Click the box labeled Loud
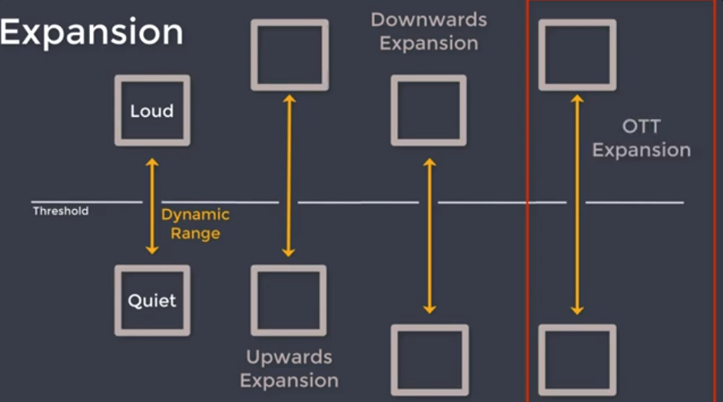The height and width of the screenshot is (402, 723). coord(152,111)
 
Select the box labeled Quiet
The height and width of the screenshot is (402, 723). coord(152,301)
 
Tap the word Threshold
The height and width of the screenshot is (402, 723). coord(61,211)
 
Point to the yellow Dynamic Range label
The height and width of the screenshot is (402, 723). coord(195,224)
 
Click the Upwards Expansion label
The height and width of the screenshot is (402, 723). coord(290,368)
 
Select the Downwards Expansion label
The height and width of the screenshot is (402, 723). coord(429,31)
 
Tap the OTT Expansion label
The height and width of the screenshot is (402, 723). coord(642,138)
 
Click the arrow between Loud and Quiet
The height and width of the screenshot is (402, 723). coord(152,206)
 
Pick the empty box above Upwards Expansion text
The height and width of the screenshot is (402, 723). coord(290,301)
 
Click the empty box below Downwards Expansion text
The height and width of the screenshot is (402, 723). coord(429,111)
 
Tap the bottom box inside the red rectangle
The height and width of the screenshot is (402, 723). coord(577,360)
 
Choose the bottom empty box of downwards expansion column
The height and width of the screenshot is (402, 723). coord(429,360)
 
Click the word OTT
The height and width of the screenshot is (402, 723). coord(642,127)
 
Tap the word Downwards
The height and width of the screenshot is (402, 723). coord(429,19)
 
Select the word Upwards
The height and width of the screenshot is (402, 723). coord(289,357)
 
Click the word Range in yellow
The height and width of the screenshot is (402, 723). coord(195,233)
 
